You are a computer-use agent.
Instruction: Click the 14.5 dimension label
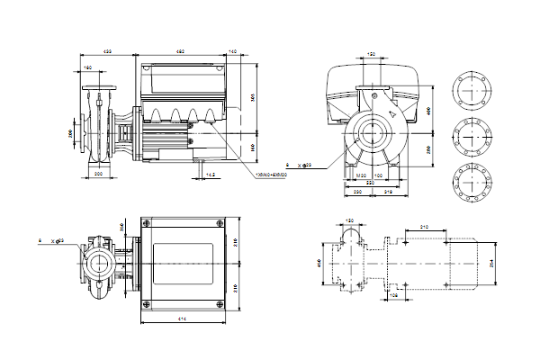pos(210,173)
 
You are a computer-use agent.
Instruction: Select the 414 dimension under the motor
pos(182,321)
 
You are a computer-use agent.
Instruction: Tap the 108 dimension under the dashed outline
pos(393,293)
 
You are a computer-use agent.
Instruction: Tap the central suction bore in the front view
pos(371,136)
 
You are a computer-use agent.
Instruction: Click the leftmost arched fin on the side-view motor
pos(152,115)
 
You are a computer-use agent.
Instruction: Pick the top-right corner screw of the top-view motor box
pos(221,223)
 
